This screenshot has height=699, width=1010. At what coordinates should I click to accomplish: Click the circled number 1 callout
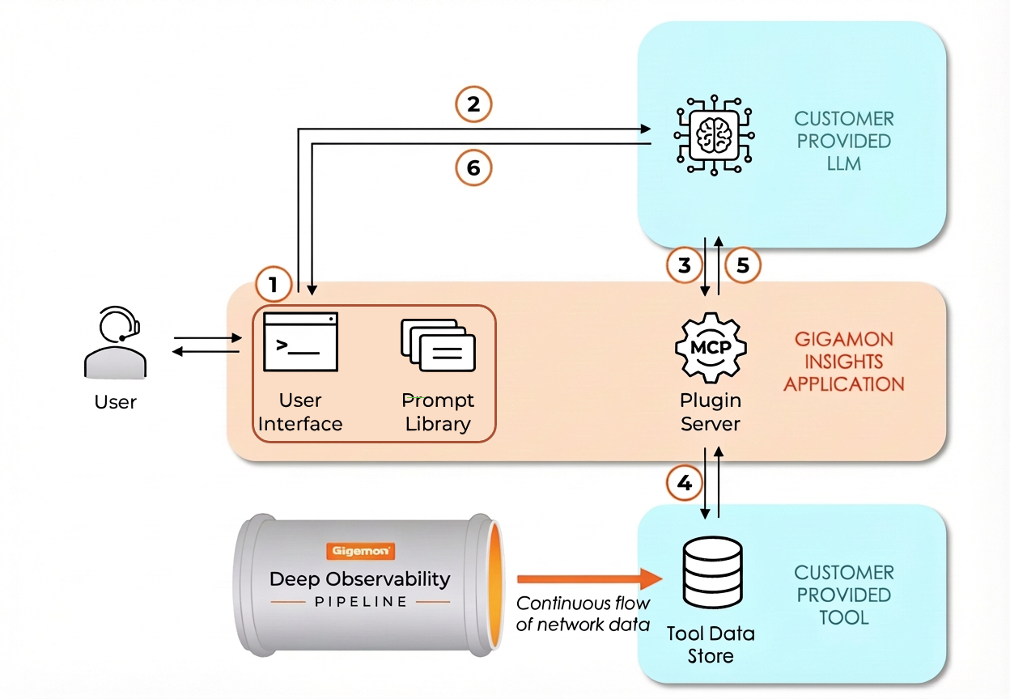pyautogui.click(x=273, y=285)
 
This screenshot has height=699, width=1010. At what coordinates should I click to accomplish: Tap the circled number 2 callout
pyautogui.click(x=473, y=104)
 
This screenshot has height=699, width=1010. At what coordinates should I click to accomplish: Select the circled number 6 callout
pyautogui.click(x=473, y=167)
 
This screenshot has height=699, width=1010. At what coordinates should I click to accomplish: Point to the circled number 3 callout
pyautogui.click(x=684, y=265)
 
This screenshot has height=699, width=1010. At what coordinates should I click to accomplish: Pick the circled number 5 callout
pyautogui.click(x=743, y=265)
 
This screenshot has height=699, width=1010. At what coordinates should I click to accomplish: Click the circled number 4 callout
pyautogui.click(x=685, y=484)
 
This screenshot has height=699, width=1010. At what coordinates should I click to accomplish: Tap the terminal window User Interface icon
pyautogui.click(x=300, y=341)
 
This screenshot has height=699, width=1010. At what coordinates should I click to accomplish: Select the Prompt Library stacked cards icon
pyautogui.click(x=438, y=345)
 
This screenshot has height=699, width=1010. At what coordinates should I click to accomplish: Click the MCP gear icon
pyautogui.click(x=710, y=347)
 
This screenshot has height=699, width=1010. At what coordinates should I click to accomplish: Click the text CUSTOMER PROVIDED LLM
pyautogui.click(x=844, y=141)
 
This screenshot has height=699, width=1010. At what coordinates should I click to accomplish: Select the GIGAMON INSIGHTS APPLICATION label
pyautogui.click(x=843, y=362)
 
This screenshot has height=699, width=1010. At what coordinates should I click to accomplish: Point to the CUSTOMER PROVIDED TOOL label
pyautogui.click(x=844, y=595)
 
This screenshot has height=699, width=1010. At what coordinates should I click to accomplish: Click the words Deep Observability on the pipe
pyautogui.click(x=359, y=578)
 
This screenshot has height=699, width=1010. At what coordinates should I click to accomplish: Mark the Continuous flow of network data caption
pyautogui.click(x=583, y=613)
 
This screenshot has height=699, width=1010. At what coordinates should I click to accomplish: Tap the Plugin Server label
pyautogui.click(x=710, y=412)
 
